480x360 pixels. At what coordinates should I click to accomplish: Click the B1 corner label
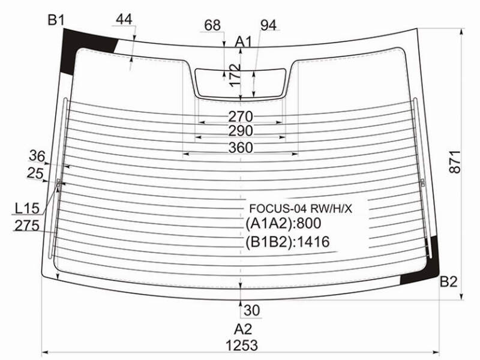[x=56, y=20]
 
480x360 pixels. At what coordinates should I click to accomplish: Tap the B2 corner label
[x=448, y=281]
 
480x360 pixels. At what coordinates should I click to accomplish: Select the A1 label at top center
[x=243, y=41]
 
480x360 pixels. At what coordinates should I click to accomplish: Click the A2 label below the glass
[x=243, y=329]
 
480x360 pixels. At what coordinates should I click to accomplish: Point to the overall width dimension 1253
[x=242, y=346]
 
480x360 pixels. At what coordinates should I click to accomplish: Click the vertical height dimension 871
[x=455, y=162]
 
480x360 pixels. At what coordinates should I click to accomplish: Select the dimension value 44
[x=124, y=19]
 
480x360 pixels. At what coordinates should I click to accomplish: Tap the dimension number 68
[x=212, y=25]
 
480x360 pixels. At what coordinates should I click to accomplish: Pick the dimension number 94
[x=268, y=25]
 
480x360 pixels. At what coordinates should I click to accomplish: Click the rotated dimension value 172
[x=235, y=76]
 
